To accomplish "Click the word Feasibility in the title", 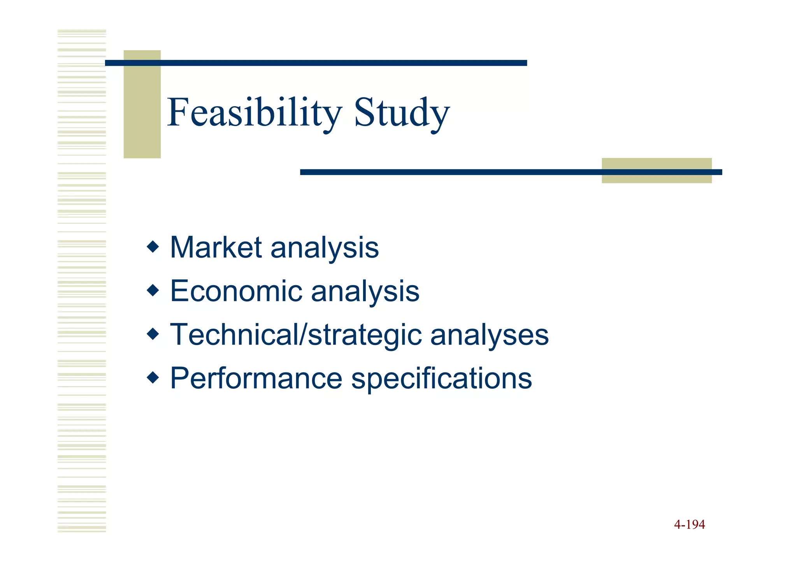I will click(x=254, y=113).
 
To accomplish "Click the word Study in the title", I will click(x=401, y=113).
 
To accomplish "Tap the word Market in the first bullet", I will click(x=216, y=247).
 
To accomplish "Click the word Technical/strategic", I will click(x=296, y=335).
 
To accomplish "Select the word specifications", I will click(x=441, y=379).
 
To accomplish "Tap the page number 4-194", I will click(x=689, y=524).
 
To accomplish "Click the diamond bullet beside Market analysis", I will click(x=153, y=247).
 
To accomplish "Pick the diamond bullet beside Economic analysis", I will click(x=153, y=290).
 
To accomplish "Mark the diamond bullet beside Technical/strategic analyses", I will click(x=153, y=334).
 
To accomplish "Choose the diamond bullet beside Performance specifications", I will click(x=153, y=377).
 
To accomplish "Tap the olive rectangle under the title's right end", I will click(x=657, y=178).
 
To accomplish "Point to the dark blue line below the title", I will click(x=448, y=172).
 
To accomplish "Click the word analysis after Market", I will click(x=325, y=248).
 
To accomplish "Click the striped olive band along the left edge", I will click(x=82, y=280).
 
